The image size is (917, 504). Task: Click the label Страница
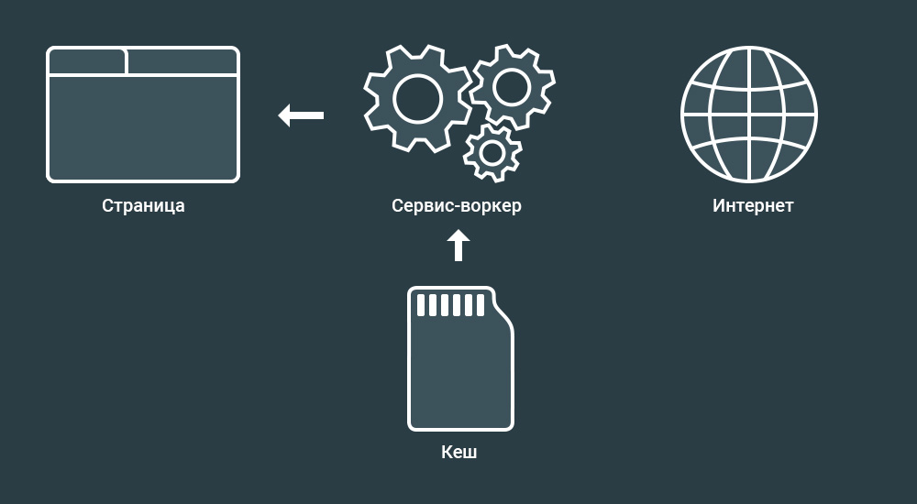(143, 206)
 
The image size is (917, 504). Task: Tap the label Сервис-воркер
(456, 206)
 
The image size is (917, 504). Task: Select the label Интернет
(752, 206)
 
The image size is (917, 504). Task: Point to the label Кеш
(459, 453)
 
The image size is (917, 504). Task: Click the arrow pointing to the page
(301, 115)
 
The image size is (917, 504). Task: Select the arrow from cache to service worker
(458, 246)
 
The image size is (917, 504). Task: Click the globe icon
(749, 115)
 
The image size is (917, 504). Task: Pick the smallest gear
(492, 153)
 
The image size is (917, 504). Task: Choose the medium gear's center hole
(511, 87)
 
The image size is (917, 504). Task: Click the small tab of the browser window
(87, 62)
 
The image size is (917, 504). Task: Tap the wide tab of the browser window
(182, 62)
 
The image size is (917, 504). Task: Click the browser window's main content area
(143, 127)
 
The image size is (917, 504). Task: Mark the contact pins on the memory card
(450, 304)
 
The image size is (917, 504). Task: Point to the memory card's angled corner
(503, 307)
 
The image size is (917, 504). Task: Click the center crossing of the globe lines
(749, 115)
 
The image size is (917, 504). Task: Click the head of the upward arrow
(458, 237)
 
